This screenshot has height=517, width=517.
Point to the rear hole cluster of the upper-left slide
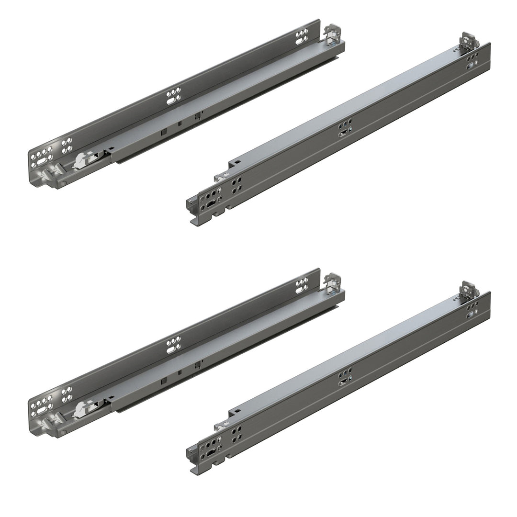(302, 37)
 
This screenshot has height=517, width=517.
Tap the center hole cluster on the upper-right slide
(345, 128)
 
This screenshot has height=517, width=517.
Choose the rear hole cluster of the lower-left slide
(302, 285)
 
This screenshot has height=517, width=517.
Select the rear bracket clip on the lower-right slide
(469, 290)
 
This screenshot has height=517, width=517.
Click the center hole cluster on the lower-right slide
(345, 377)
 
